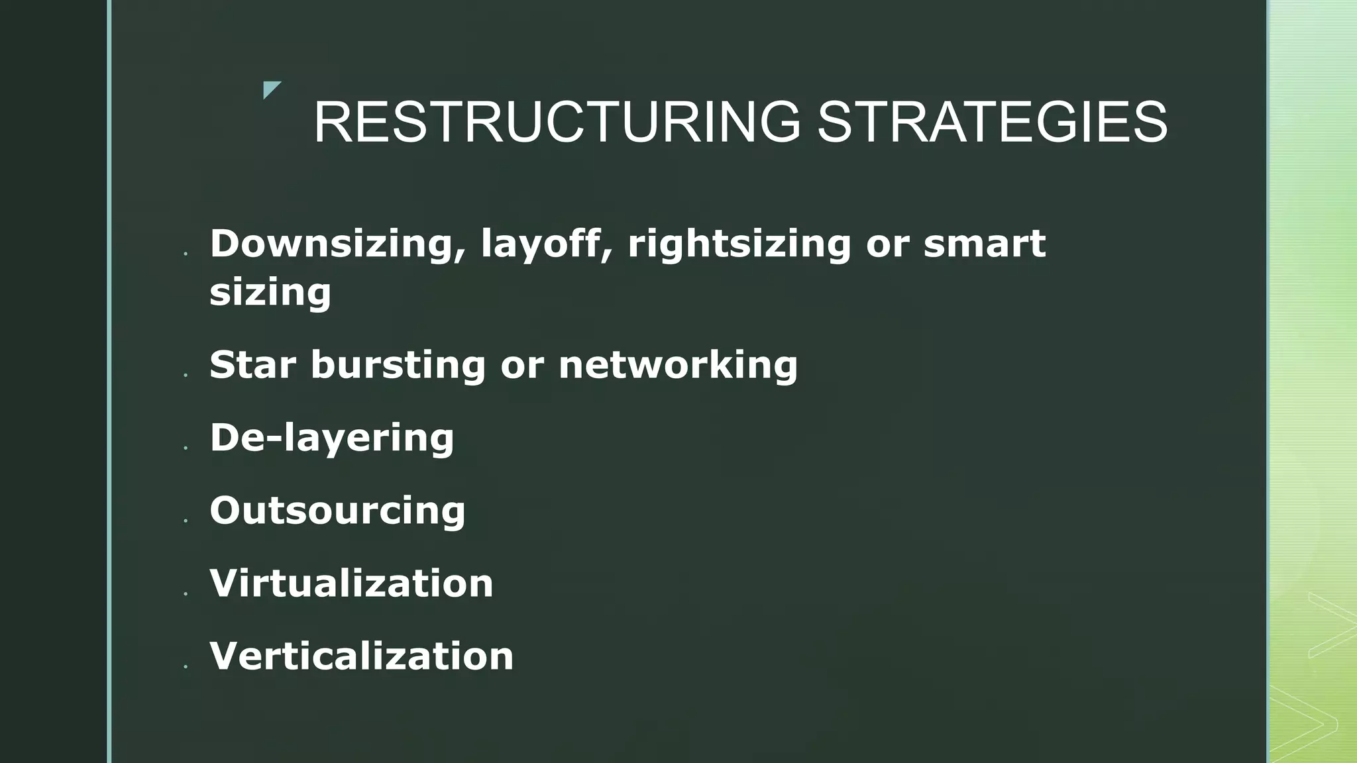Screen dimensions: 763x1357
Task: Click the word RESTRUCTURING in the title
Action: [557, 122]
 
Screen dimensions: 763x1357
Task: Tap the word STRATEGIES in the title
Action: [992, 122]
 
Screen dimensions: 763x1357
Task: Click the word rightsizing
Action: [739, 244]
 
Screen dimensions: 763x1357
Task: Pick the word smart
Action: [985, 244]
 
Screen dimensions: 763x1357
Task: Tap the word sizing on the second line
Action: [270, 292]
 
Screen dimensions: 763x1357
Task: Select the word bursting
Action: [398, 365]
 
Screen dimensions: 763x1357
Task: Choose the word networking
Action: [678, 365]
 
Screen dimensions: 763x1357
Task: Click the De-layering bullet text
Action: [332, 438]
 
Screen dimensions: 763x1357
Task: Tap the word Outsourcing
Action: [337, 511]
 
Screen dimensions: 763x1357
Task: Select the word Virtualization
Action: [351, 584]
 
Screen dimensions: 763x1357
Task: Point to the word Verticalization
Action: [361, 656]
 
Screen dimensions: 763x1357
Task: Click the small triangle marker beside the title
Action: [270, 88]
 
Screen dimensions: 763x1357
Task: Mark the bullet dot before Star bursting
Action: [186, 376]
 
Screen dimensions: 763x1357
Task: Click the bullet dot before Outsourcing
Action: [186, 521]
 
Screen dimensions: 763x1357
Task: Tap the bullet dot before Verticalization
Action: [186, 667]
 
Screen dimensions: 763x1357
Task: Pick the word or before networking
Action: [522, 365]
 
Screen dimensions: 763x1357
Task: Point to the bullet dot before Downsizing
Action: [186, 254]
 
